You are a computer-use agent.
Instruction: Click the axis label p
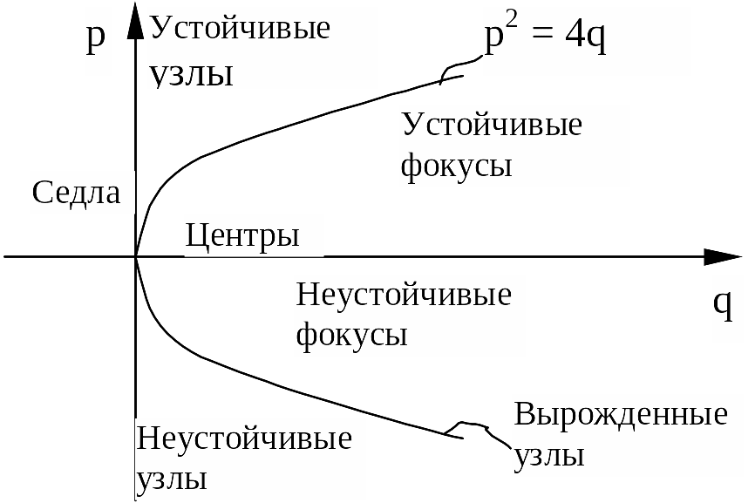coord(95,40)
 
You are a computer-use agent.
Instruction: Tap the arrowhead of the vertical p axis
coord(135,21)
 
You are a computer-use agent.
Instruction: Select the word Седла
coord(76,193)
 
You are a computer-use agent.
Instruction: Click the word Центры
coord(242,235)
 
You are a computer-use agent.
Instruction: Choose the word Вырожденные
coord(621,413)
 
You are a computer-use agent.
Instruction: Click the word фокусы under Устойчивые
coord(455,166)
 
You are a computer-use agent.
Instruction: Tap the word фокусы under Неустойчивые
coord(352,335)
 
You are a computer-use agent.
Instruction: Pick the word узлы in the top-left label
coord(192,73)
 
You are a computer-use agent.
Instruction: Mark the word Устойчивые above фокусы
coord(492,125)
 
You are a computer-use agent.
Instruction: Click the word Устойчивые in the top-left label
coord(241,27)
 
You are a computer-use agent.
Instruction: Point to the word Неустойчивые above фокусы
coord(404,294)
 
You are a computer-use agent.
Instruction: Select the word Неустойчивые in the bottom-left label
coord(244,437)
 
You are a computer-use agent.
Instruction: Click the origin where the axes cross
coord(136,256)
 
